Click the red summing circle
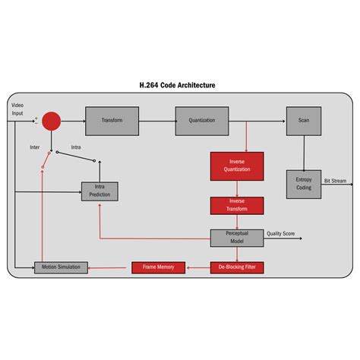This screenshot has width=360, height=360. click(x=52, y=121)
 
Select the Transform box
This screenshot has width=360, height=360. click(x=112, y=121)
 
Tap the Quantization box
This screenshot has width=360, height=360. click(x=202, y=121)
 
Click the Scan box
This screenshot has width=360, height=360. click(x=304, y=121)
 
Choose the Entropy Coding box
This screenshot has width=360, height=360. click(x=304, y=182)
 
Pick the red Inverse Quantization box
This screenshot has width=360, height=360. click(x=237, y=166)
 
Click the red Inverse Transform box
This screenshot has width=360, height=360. click(x=237, y=205)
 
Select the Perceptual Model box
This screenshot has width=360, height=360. click(x=237, y=238)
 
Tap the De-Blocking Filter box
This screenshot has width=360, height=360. click(x=237, y=267)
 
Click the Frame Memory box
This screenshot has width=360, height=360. click(x=159, y=267)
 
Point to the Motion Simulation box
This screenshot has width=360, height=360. click(x=62, y=267)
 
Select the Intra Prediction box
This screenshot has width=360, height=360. click(x=99, y=191)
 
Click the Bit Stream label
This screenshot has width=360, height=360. click(x=336, y=182)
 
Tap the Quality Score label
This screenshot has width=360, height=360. click(x=281, y=234)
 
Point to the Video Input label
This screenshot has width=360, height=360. click(x=17, y=109)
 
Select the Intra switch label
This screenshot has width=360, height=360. click(x=76, y=147)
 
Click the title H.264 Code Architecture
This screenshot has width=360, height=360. click(x=179, y=86)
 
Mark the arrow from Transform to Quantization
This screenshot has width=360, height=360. click(x=157, y=121)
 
